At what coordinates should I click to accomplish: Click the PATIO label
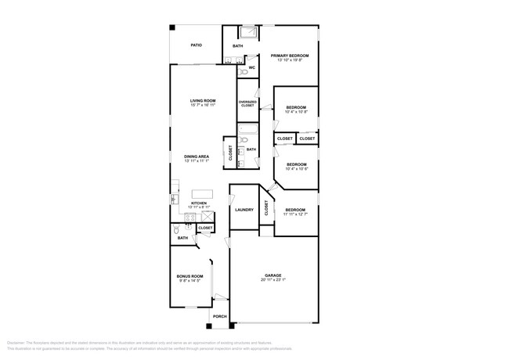point(197,46)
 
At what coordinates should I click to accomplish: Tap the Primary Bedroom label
point(290,56)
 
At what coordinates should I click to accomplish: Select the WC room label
point(251,68)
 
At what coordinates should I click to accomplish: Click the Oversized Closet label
point(247,103)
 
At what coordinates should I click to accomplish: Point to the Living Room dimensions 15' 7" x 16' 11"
point(202,106)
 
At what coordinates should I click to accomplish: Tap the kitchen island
point(202,193)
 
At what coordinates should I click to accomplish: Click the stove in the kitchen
point(190,216)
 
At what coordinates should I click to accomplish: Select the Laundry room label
point(244,210)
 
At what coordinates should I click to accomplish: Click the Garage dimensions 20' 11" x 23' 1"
point(273,280)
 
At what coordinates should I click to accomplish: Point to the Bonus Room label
point(189,276)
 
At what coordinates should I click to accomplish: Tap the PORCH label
point(219,317)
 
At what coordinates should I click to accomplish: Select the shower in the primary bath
point(249,32)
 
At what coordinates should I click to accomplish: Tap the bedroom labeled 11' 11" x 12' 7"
point(295,211)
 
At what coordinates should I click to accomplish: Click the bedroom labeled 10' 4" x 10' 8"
point(295,109)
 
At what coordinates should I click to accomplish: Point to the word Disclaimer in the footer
point(16,343)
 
